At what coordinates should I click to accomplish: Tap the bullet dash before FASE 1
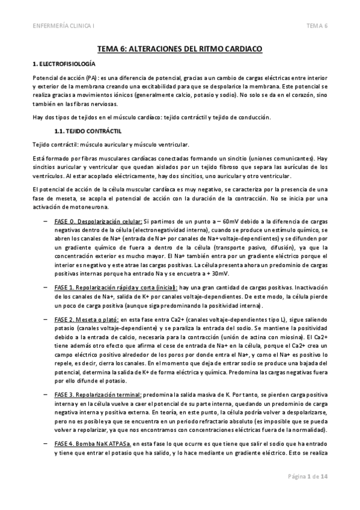point(46,288)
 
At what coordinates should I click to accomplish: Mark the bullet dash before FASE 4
point(46,442)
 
